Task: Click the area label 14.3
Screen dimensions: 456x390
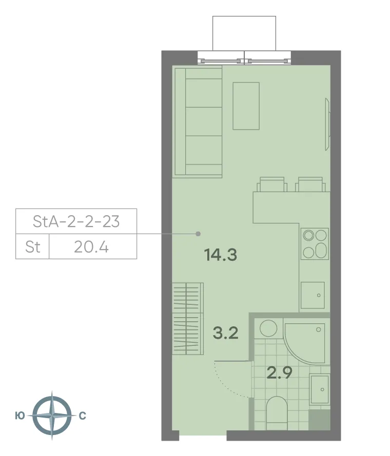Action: point(220,255)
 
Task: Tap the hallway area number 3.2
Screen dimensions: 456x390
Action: point(225,334)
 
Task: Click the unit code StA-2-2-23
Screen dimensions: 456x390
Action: point(76,222)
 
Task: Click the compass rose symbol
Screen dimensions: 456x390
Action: point(51,416)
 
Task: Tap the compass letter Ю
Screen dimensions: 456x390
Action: point(19,416)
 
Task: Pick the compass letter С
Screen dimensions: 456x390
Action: point(83,416)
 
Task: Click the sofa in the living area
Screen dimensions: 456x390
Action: point(198,122)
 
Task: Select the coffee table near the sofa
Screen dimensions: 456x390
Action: point(246,106)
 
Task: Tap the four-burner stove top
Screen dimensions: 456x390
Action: point(315,243)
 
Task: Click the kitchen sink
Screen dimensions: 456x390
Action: point(313,295)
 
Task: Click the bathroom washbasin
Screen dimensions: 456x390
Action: point(319,389)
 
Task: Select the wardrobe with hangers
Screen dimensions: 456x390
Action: point(187,318)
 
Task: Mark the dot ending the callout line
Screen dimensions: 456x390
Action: point(198,234)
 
